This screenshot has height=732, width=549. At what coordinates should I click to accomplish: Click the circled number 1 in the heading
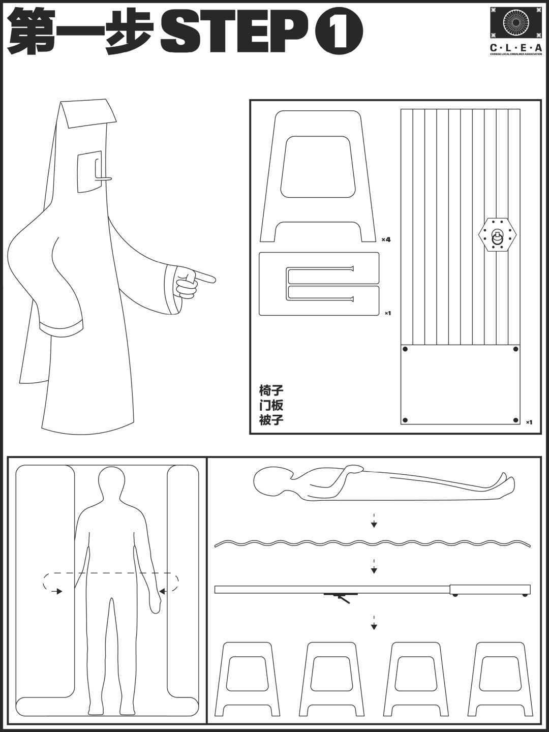(x=339, y=32)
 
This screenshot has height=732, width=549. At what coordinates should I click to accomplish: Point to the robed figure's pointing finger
(x=205, y=278)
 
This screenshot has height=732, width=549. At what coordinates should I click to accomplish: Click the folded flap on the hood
(x=87, y=114)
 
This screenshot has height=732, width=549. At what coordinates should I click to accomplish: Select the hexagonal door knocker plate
(x=497, y=234)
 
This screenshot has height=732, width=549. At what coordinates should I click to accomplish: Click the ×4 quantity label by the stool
(x=386, y=239)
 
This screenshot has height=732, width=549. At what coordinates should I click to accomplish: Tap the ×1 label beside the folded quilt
(x=387, y=313)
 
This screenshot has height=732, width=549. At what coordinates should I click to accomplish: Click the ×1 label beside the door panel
(x=529, y=422)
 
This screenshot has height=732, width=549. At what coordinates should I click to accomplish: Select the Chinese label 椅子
(x=271, y=391)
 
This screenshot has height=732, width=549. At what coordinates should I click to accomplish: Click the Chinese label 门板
(x=271, y=405)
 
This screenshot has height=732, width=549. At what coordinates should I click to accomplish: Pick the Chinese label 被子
(x=271, y=420)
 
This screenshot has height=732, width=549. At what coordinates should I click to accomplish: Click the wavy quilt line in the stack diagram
(x=372, y=543)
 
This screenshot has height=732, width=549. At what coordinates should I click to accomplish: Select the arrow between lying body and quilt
(x=374, y=521)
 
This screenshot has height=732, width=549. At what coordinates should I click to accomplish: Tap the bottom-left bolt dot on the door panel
(x=405, y=420)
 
